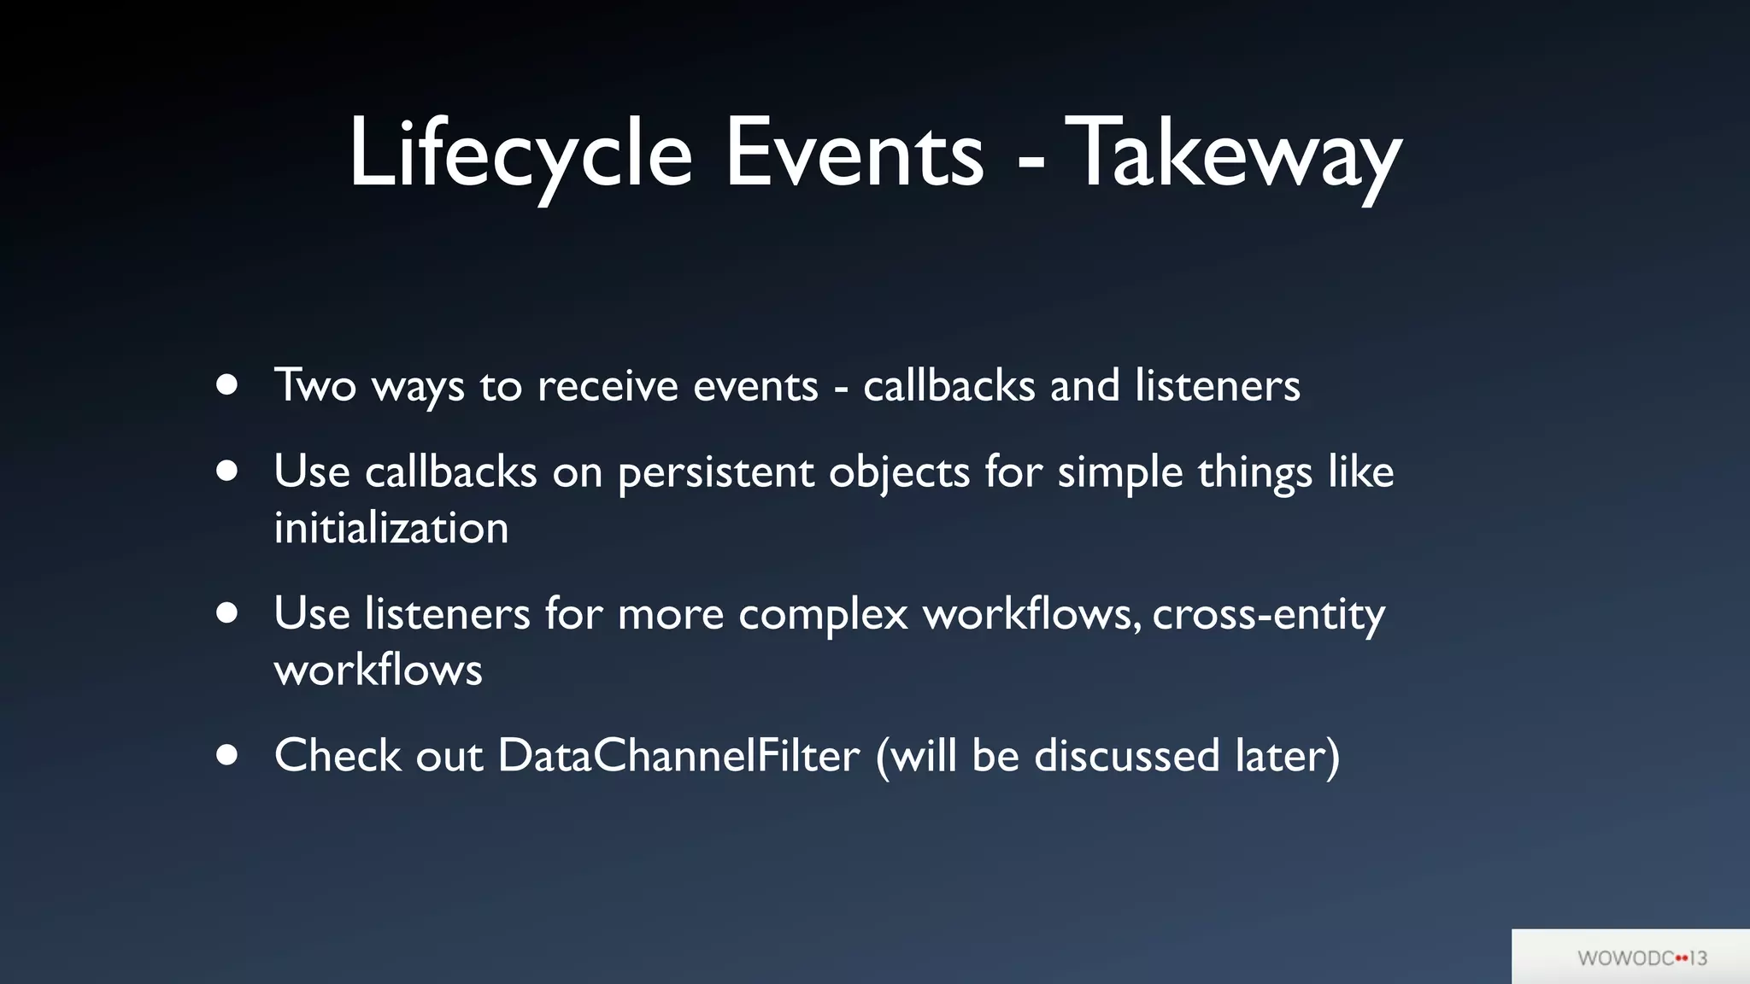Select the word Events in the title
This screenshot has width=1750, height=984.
(x=854, y=154)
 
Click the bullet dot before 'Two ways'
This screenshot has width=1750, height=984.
(x=226, y=384)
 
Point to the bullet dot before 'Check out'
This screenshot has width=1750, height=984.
(x=226, y=754)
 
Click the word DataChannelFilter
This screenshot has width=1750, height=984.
(x=678, y=756)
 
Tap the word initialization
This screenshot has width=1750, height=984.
(x=391, y=528)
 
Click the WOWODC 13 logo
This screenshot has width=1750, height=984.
(x=1641, y=958)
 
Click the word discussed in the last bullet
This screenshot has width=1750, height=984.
(x=1126, y=756)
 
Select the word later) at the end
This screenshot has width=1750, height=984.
(x=1287, y=756)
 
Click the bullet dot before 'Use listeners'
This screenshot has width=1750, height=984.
(x=226, y=612)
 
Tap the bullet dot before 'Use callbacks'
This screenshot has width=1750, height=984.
(x=226, y=471)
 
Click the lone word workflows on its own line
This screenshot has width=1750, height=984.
(x=378, y=670)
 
